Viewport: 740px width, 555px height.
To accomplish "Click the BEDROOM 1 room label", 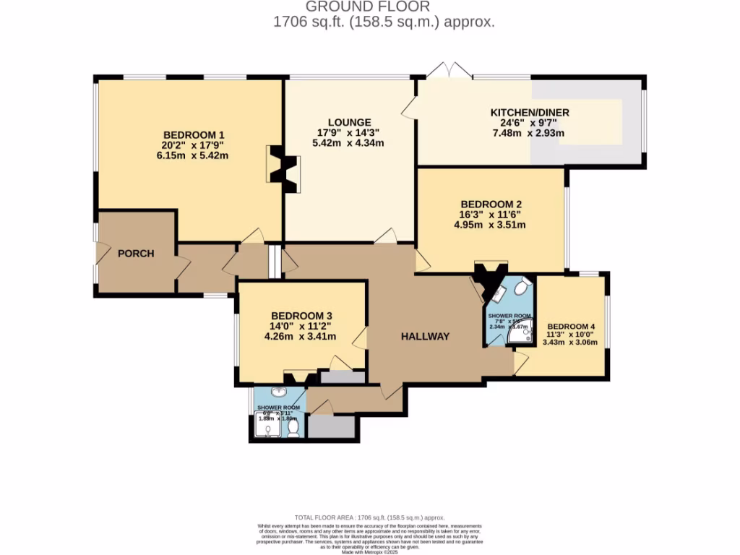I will (194, 134).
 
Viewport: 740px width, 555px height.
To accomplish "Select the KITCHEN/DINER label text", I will (530, 112).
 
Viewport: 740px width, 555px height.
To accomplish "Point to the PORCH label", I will (136, 253).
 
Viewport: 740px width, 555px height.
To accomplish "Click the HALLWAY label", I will (426, 336).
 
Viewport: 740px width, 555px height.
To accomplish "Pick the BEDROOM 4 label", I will (571, 325).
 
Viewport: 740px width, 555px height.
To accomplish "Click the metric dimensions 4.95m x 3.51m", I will (490, 224).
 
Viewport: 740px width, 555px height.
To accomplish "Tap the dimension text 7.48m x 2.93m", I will (528, 132).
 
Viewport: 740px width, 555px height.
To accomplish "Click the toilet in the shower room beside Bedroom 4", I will (522, 288).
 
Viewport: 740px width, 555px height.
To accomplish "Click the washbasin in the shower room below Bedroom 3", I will (277, 394).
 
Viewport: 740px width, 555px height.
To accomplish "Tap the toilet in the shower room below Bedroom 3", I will (293, 430).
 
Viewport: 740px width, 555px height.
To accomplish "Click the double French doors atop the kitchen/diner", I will (448, 71).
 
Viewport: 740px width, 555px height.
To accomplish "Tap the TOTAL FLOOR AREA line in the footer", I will (370, 518).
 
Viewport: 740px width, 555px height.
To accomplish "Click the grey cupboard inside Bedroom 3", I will (343, 377).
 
